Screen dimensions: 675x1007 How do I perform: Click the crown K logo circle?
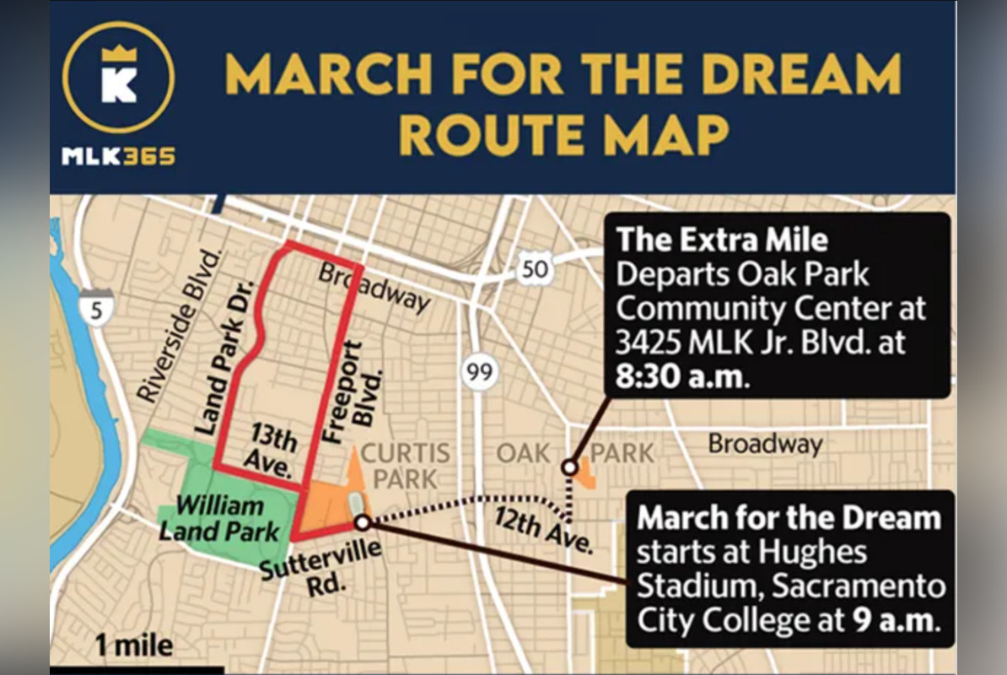coord(118,77)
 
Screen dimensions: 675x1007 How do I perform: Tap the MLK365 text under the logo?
coord(118,156)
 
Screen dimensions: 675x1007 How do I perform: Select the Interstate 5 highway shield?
coord(98,310)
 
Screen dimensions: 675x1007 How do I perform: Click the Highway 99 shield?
coord(479,372)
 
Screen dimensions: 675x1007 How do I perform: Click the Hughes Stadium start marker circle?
coord(363,523)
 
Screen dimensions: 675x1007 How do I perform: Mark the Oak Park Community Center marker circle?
coord(569,467)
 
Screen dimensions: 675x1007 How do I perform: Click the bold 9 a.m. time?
coord(894,620)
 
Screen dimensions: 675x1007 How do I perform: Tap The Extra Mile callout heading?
coord(722,240)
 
